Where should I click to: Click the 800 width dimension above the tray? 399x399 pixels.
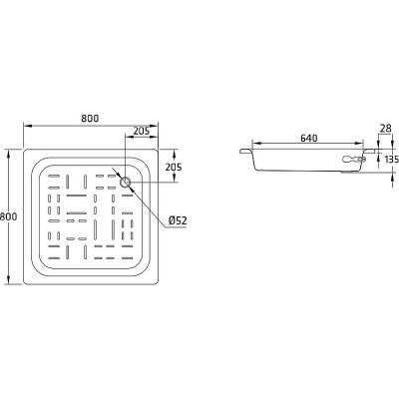[x=90, y=118]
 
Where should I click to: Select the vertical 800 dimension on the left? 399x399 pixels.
[x=8, y=216]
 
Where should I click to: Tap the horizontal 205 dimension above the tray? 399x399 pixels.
[x=142, y=131]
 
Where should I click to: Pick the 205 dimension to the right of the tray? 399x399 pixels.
[x=174, y=167]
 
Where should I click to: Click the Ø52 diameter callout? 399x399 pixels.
[x=178, y=220]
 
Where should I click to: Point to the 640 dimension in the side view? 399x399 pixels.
[x=309, y=138]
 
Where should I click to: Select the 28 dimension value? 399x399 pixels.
[x=385, y=129]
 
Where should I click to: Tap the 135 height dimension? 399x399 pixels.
[x=392, y=160]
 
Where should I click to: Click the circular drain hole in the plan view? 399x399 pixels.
[x=126, y=182]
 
